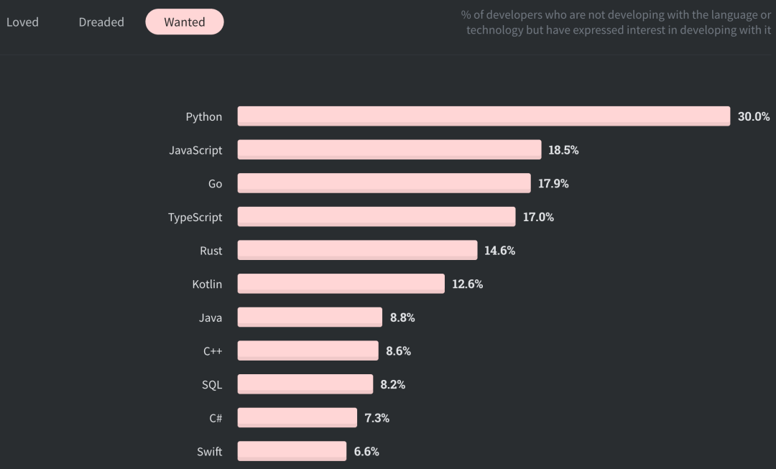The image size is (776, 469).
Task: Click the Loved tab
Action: (22, 22)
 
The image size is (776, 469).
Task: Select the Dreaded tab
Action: (101, 22)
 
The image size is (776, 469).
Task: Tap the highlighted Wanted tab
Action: (185, 22)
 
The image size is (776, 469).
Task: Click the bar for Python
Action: (484, 116)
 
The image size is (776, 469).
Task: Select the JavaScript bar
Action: (389, 150)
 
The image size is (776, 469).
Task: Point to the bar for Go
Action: (384, 183)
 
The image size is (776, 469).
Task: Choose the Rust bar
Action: (357, 251)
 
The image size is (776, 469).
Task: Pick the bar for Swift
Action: (292, 451)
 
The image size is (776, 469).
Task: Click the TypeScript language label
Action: (195, 217)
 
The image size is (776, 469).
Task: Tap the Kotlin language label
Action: (207, 284)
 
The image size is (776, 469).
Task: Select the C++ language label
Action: (213, 351)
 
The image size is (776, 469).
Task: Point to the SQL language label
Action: (212, 385)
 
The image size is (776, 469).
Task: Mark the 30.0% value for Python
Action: (754, 116)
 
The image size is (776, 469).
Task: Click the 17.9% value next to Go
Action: (553, 183)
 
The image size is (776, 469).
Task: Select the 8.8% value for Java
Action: (402, 317)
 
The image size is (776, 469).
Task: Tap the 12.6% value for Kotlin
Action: (467, 284)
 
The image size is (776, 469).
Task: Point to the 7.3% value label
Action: (377, 418)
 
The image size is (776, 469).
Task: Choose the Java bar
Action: (310, 317)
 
